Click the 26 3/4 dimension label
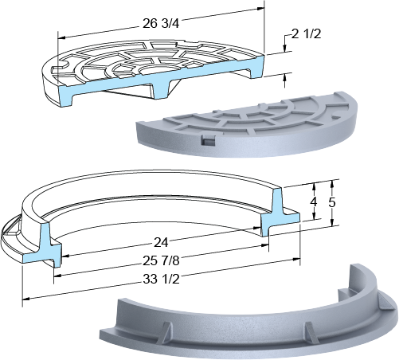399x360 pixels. tap(161, 23)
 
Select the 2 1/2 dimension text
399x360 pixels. tap(306, 34)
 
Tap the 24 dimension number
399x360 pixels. tap(161, 242)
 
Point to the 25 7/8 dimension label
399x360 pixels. tap(161, 260)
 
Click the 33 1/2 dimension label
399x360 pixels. tap(161, 279)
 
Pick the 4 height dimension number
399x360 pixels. tap(314, 202)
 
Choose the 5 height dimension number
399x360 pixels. tap(332, 202)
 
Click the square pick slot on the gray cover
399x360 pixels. tap(208, 139)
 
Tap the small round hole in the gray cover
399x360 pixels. tap(336, 117)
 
